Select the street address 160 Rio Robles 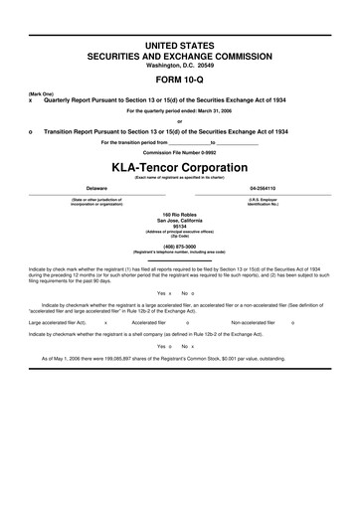pos(179,214)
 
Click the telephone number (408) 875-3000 pos(179,246)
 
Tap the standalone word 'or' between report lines pos(179,121)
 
